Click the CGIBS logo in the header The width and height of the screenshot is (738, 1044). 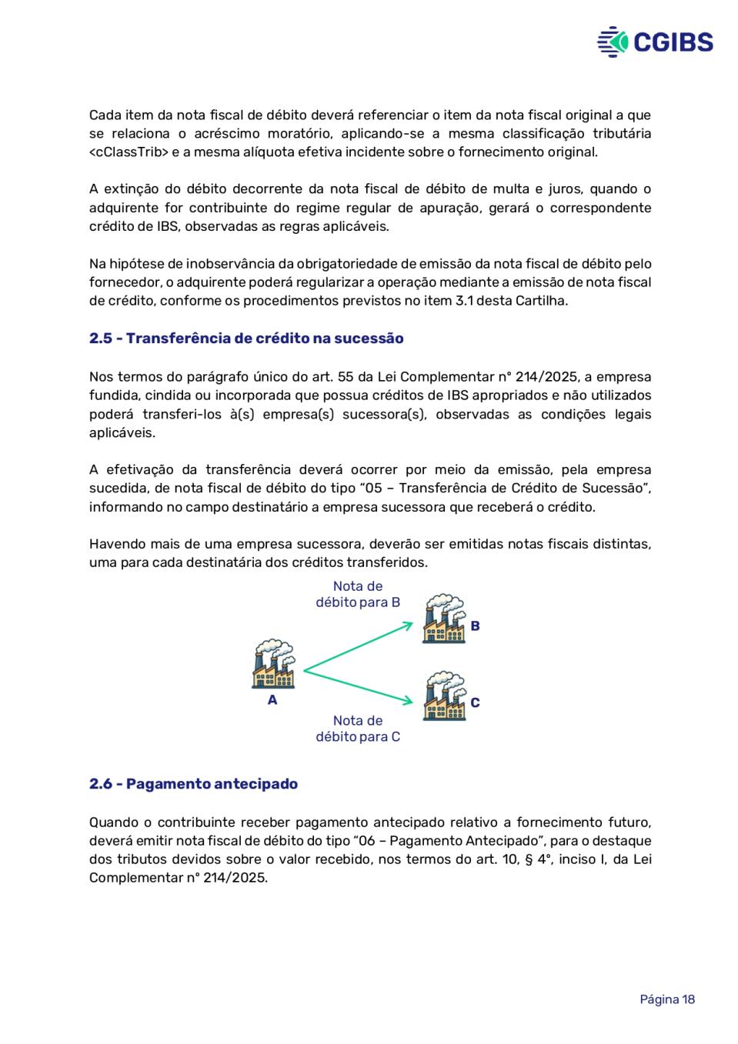tap(655, 42)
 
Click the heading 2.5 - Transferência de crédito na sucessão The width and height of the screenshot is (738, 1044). tap(246, 339)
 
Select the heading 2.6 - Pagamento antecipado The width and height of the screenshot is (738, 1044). tap(193, 784)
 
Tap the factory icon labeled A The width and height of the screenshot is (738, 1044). tap(272, 664)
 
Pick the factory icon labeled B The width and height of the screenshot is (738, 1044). tap(443, 619)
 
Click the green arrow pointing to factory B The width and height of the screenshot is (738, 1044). tap(358, 647)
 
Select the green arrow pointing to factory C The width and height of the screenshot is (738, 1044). tap(358, 686)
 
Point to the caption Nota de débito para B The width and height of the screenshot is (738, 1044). tap(358, 595)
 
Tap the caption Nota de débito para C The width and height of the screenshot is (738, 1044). tap(358, 729)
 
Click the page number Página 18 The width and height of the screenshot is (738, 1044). tap(667, 999)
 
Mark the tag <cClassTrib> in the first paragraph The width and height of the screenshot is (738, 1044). tap(129, 152)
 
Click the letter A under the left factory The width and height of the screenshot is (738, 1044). tap(272, 700)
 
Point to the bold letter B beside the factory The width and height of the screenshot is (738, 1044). tap(475, 626)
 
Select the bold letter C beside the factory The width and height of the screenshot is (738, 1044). tap(475, 702)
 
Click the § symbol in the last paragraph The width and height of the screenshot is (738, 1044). tap(529, 859)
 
